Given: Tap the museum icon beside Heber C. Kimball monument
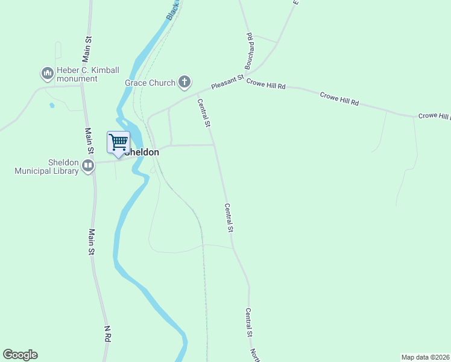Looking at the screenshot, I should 47,74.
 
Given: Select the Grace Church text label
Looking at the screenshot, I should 150,83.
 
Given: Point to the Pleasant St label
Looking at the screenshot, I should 227,83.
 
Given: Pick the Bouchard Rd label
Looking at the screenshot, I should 248,49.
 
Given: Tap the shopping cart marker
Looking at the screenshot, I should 119,143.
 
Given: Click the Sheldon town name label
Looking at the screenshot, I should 143,153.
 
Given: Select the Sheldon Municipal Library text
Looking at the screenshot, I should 47,167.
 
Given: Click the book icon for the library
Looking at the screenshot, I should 88,166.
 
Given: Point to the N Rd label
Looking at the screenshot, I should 107,334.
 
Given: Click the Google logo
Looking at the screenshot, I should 20,355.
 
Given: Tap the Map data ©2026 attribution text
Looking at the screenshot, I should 425,357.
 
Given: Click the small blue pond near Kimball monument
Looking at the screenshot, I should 52,106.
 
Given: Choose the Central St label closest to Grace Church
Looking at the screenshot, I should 204,113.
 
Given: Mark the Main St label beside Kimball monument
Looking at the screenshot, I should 88,48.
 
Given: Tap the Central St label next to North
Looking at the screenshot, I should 248,322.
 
